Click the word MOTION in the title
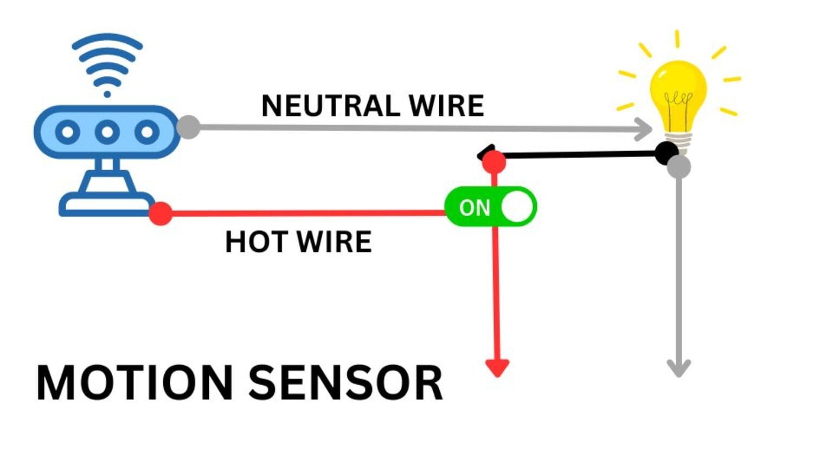[x=134, y=383]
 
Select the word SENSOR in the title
[x=345, y=383]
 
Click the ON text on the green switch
[x=474, y=207]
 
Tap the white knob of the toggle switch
[x=517, y=207]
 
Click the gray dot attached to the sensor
[x=188, y=127]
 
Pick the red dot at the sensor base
[x=161, y=213]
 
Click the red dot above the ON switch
[x=494, y=161]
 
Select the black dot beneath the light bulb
[x=666, y=153]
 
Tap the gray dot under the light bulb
[x=679, y=166]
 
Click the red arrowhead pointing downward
[x=497, y=368]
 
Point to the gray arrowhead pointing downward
[x=678, y=368]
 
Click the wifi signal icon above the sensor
[x=107, y=62]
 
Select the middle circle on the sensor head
[x=107, y=132]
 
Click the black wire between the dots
[x=580, y=155]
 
